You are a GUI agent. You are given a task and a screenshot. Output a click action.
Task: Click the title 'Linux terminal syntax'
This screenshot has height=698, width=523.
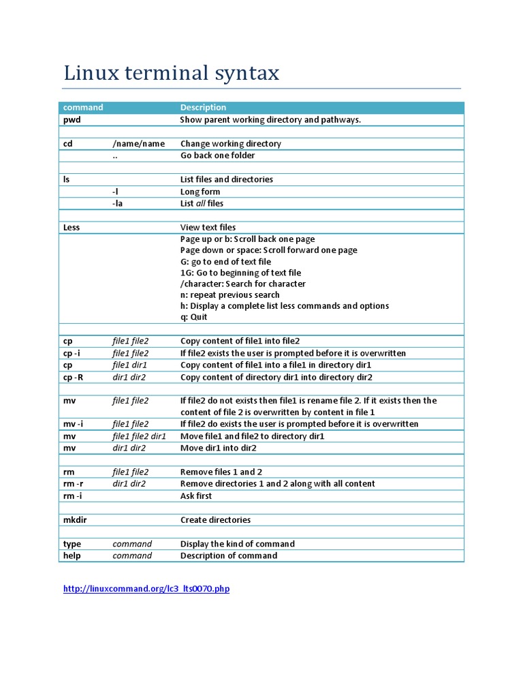(171, 73)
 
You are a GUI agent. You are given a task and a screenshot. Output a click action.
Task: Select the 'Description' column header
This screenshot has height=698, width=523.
(203, 108)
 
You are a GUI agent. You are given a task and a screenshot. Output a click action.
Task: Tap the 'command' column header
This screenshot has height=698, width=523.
(83, 108)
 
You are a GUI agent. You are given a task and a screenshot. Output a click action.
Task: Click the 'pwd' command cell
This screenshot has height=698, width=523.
(72, 120)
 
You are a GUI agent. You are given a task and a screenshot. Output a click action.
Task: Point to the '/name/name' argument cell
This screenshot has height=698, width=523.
(139, 144)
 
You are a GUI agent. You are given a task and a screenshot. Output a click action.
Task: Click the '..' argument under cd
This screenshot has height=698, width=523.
(116, 155)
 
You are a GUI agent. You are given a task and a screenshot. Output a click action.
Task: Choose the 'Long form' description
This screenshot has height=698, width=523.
(200, 192)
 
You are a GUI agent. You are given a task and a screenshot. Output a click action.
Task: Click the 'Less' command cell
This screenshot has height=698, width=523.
(72, 227)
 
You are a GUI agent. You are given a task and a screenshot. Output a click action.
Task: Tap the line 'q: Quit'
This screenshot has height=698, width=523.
(194, 317)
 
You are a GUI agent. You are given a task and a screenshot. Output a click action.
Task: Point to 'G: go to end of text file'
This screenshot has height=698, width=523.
(225, 262)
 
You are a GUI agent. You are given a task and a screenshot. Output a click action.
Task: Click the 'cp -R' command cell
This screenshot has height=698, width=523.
(74, 377)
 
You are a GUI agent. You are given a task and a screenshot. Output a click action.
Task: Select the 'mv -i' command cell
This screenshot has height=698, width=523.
(74, 424)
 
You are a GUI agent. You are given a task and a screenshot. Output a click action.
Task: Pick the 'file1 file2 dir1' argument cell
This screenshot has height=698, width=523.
(139, 436)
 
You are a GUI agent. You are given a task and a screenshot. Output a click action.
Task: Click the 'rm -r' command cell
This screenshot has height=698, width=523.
(73, 484)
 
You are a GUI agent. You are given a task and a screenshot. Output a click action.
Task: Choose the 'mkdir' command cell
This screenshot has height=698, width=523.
(75, 520)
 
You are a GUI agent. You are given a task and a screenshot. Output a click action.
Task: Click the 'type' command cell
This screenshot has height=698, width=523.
(72, 544)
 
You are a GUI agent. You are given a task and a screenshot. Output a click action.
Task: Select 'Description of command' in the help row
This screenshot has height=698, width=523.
(229, 556)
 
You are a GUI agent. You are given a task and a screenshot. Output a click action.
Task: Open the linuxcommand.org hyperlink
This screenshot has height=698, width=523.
(146, 589)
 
